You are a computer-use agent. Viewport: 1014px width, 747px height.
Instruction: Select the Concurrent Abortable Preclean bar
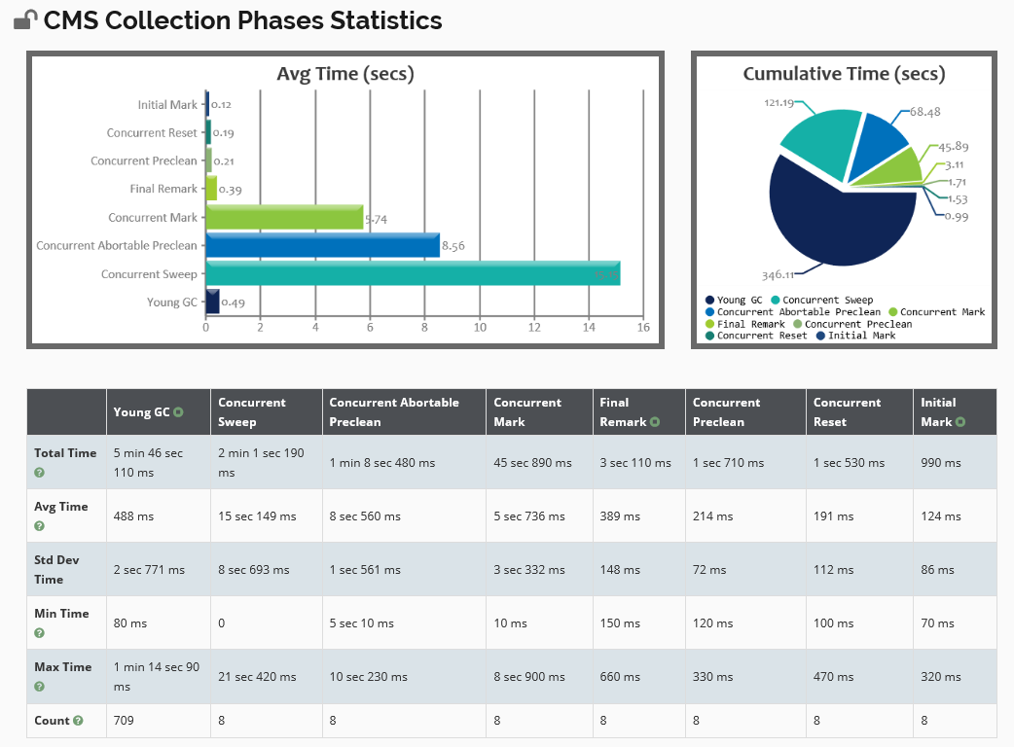322,245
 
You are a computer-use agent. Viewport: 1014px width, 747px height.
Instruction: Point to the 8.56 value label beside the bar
453,246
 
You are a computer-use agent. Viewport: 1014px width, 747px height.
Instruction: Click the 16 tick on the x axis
643,328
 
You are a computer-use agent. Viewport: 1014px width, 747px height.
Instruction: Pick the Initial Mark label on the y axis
167,104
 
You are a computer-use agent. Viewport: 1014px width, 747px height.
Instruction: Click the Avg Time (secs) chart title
345,74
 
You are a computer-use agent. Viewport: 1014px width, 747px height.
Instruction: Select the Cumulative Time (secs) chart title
844,74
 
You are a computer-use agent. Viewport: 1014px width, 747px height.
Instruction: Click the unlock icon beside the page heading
25,20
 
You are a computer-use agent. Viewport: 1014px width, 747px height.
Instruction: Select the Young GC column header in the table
142,412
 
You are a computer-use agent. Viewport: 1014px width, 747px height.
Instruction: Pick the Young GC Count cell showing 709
124,721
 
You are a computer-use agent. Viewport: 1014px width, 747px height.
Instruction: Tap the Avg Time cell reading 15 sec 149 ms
257,516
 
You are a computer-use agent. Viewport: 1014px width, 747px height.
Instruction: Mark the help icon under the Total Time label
40,473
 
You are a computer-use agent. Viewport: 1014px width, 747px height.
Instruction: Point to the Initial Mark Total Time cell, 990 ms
941,463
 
